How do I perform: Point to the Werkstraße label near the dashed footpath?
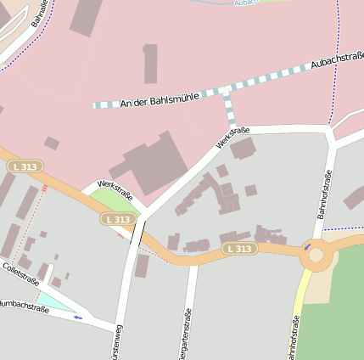232,137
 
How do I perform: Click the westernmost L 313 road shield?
25,166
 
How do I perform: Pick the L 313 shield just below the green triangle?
119,219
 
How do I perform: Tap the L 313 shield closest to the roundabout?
240,249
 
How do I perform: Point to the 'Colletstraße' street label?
21,274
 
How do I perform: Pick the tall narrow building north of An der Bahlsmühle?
150,64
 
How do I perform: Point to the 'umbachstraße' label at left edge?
19,305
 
